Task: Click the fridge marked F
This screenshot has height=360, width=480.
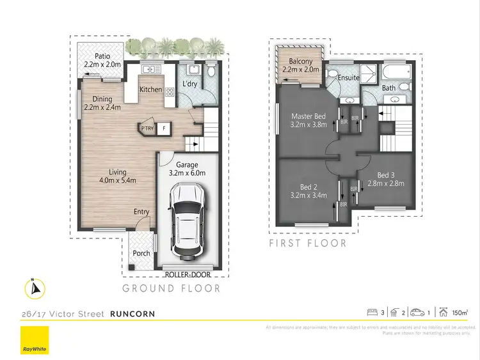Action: click(x=164, y=128)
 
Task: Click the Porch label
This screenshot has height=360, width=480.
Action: click(x=141, y=253)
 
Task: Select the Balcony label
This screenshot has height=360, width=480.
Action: click(x=300, y=61)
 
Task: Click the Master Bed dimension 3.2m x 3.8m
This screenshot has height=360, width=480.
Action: click(x=308, y=125)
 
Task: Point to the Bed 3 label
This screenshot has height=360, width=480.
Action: click(x=387, y=175)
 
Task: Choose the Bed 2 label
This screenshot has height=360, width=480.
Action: click(x=308, y=187)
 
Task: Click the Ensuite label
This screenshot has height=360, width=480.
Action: click(x=349, y=77)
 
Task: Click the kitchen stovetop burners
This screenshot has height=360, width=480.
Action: click(x=170, y=92)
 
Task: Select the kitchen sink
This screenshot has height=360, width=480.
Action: click(x=149, y=69)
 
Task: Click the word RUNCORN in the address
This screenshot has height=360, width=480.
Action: click(x=132, y=314)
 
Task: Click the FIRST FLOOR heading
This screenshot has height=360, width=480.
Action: click(x=308, y=243)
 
